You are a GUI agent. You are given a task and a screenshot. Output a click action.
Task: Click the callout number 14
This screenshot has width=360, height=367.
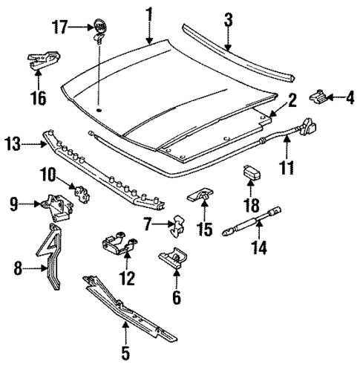[259, 250]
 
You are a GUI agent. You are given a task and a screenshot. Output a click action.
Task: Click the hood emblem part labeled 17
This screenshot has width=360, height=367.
[98, 28]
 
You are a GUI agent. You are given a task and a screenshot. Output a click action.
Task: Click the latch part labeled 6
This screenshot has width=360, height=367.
[173, 259]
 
